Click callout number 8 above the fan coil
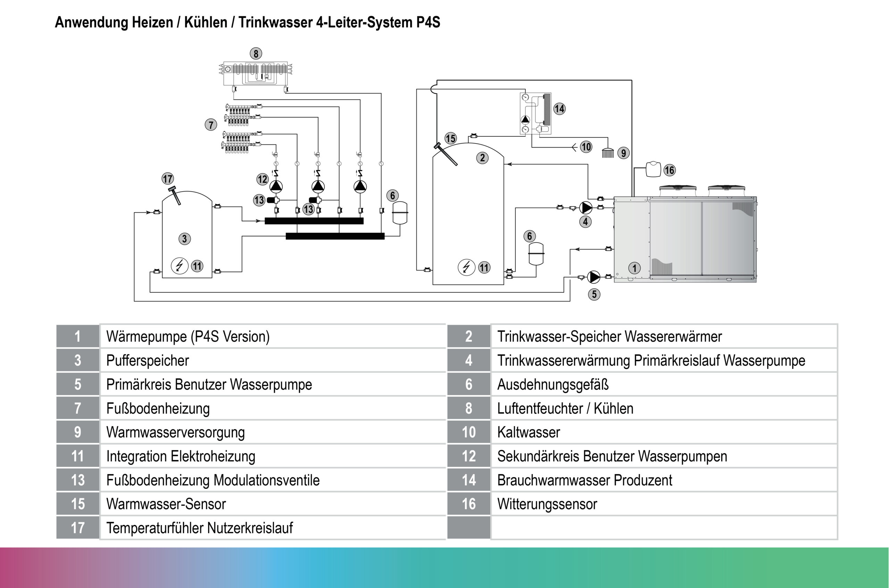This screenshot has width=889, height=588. pos(256,53)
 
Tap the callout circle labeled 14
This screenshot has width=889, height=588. pos(559,109)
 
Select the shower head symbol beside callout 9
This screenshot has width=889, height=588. pos(608,153)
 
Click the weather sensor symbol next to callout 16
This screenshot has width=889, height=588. pos(653,169)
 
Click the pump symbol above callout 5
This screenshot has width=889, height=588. pos(594,277)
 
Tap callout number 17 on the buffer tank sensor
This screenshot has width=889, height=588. pos(167,178)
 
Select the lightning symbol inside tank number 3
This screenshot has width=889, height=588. pos(179,266)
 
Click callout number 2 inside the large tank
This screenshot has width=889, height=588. pos(482,158)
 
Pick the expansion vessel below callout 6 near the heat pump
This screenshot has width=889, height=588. pos(535,254)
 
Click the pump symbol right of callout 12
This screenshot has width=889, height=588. pos(276,186)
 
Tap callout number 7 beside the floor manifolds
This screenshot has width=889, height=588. pos(211,125)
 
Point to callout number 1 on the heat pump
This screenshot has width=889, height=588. pos(634,268)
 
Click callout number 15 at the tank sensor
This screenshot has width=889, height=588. pos(450,138)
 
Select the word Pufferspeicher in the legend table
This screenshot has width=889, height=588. pos(148,361)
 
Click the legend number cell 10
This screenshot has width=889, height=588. pos(468,432)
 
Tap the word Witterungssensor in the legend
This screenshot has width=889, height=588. pos(547,504)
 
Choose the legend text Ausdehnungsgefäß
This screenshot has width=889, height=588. pos(552,385)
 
